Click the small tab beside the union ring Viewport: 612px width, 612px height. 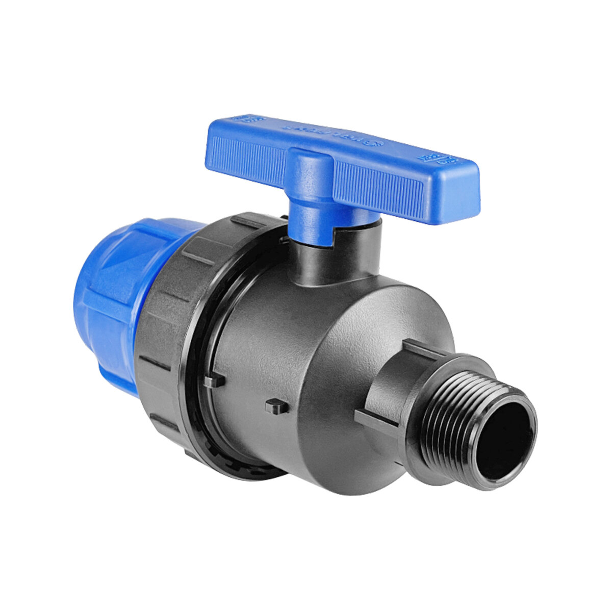click(x=216, y=380)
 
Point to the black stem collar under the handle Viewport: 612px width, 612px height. click(x=337, y=255)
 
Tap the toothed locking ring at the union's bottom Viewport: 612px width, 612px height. click(x=240, y=462)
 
